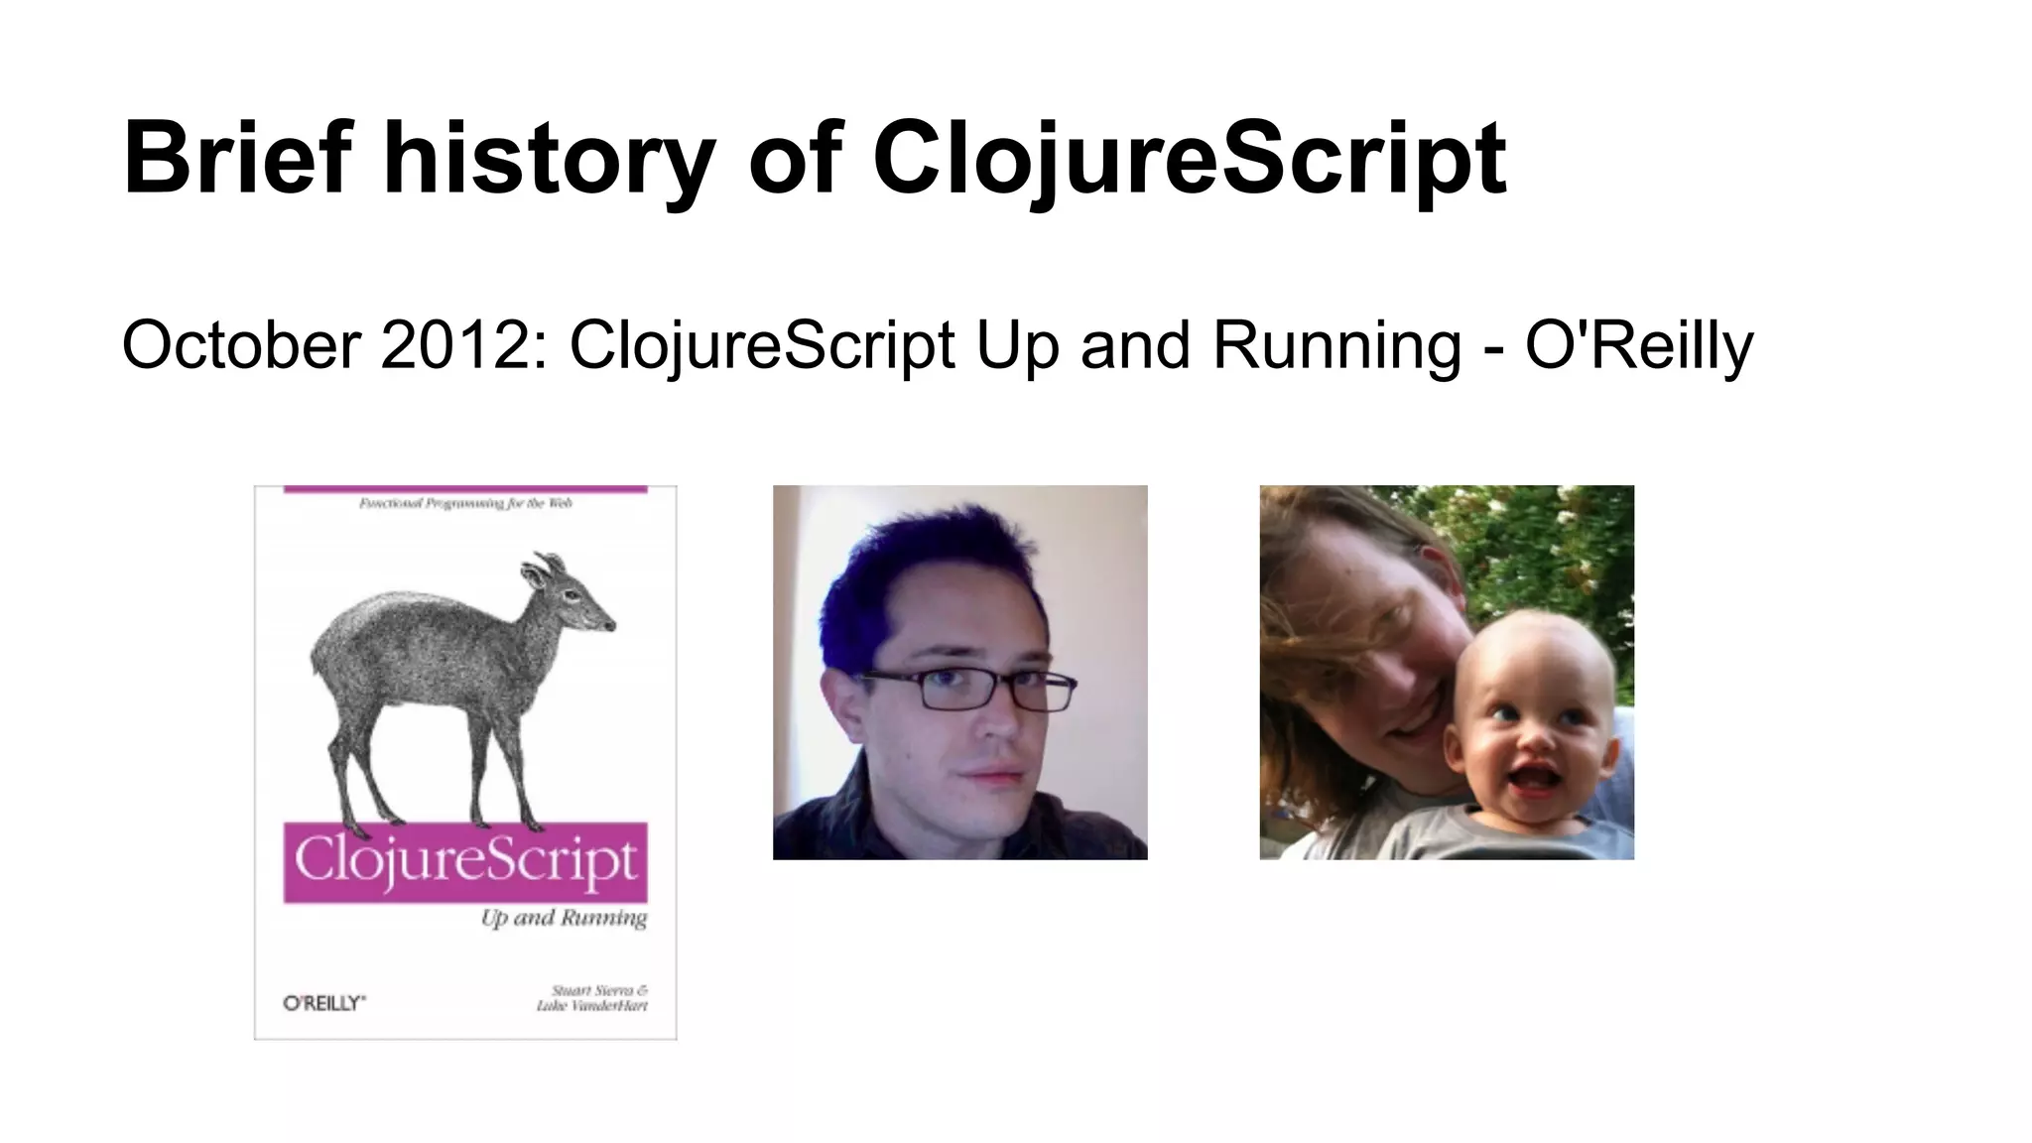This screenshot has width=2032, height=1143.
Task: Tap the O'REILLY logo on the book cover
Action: pos(323,1003)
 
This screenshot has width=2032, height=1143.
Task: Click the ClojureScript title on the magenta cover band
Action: pos(464,861)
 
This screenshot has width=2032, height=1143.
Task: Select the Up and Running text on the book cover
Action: pos(564,918)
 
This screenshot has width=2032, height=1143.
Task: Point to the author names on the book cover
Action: pos(592,998)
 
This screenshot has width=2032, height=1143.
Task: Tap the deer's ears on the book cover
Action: pos(540,570)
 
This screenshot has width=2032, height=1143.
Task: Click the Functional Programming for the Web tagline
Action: pos(465,504)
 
